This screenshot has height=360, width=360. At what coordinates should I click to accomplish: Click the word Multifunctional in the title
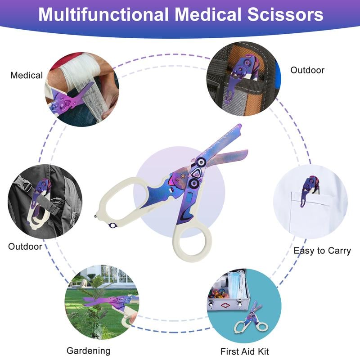tap(103, 14)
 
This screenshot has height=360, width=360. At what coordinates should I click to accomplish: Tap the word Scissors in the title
tap(285, 14)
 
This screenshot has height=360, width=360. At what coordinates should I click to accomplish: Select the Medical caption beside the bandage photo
tap(27, 75)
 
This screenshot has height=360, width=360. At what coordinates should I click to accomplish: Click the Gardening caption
tap(88, 351)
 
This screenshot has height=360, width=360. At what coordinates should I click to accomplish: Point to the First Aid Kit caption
tap(244, 351)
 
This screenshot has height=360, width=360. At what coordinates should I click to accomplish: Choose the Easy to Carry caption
tap(322, 251)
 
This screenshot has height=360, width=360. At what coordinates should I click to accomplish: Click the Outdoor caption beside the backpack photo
tap(25, 247)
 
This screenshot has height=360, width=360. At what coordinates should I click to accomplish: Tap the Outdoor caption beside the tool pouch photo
tap(307, 70)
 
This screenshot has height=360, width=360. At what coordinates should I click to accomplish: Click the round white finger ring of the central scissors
tap(192, 243)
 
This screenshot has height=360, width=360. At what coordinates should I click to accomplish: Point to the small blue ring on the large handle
tap(113, 225)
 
